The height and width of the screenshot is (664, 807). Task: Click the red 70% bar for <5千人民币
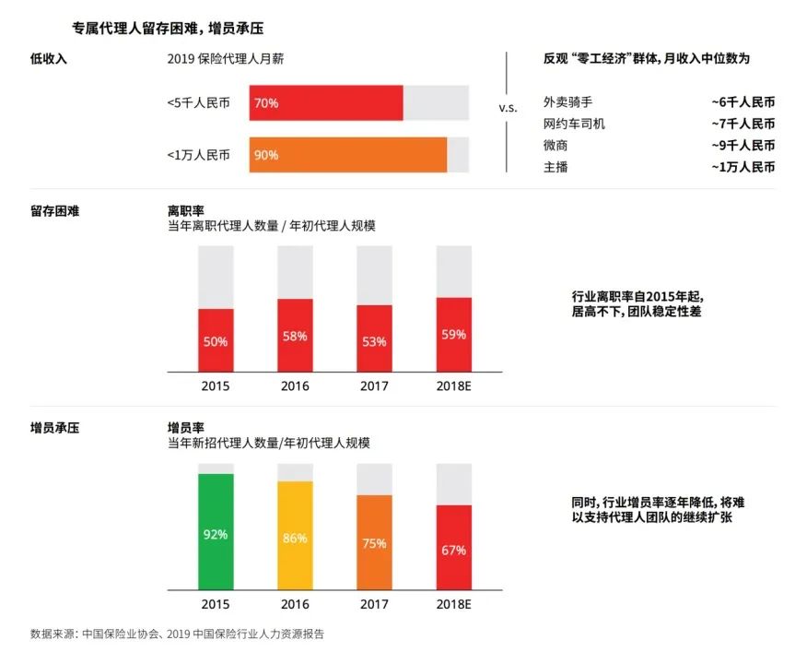325,103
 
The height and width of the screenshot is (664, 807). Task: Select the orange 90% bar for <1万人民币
347,155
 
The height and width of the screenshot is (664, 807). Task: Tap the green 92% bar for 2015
216,532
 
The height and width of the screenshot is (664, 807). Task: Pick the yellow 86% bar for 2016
295,536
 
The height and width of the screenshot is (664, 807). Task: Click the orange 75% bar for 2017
374,542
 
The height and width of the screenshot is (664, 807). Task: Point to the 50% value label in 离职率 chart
216,341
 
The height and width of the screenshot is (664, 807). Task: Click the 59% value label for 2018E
453,335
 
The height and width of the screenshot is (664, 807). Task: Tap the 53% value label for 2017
374,340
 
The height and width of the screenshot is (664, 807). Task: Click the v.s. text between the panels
508,108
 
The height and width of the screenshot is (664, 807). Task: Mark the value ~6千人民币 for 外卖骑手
743,101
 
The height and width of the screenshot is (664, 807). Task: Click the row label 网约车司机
575,124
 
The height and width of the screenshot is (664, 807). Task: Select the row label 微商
556,146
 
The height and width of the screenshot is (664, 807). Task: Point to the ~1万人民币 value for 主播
743,167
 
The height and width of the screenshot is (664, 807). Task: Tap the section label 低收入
48,58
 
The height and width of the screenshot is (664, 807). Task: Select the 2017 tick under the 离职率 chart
374,386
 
